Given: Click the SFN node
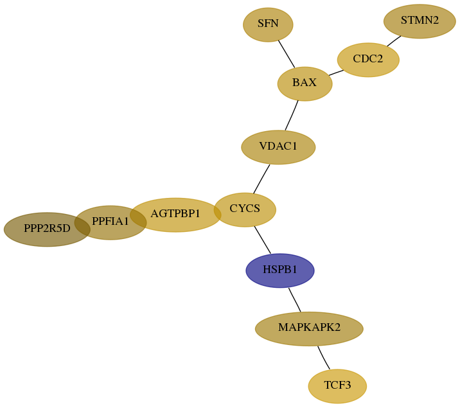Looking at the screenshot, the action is pyautogui.click(x=268, y=24).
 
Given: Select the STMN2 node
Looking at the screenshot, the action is pyautogui.click(x=420, y=21).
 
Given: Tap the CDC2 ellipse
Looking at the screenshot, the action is pyautogui.click(x=368, y=60).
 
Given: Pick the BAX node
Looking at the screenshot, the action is pyautogui.click(x=305, y=84).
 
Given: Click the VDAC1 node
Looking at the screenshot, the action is pyautogui.click(x=278, y=147).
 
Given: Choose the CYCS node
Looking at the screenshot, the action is pyautogui.click(x=245, y=209).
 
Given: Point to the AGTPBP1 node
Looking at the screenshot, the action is pyautogui.click(x=175, y=215).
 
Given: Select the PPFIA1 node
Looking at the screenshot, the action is pyautogui.click(x=111, y=222).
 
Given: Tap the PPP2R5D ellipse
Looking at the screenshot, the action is pyautogui.click(x=47, y=229).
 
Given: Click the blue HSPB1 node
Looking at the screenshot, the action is pyautogui.click(x=280, y=271).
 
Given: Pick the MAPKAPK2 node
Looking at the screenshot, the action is pyautogui.click(x=309, y=329).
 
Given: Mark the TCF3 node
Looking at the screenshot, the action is pyautogui.click(x=337, y=386).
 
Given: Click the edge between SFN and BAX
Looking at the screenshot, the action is pyautogui.click(x=287, y=54).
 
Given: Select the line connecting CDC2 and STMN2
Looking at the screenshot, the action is pyautogui.click(x=394, y=41).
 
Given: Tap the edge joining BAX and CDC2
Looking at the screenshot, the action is pyautogui.click(x=336, y=73).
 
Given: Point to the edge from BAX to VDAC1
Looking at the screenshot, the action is pyautogui.click(x=292, y=115).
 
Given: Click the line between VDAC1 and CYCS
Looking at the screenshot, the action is pyautogui.click(x=261, y=179).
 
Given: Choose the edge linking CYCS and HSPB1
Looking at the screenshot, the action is pyautogui.click(x=262, y=240).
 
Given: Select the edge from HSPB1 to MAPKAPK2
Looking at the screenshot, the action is pyautogui.click(x=294, y=300).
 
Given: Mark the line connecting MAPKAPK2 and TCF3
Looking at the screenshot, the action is pyautogui.click(x=323, y=358).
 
